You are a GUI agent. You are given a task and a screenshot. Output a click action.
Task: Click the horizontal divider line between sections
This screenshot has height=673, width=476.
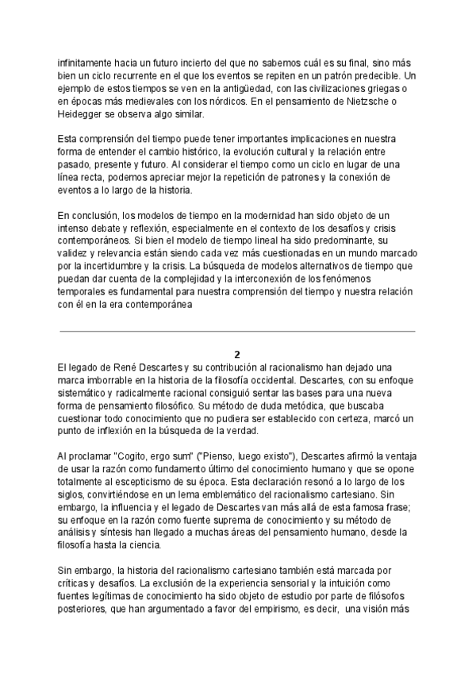[x=237, y=331]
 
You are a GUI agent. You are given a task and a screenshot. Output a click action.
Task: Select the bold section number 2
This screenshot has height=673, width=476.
[x=237, y=354]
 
